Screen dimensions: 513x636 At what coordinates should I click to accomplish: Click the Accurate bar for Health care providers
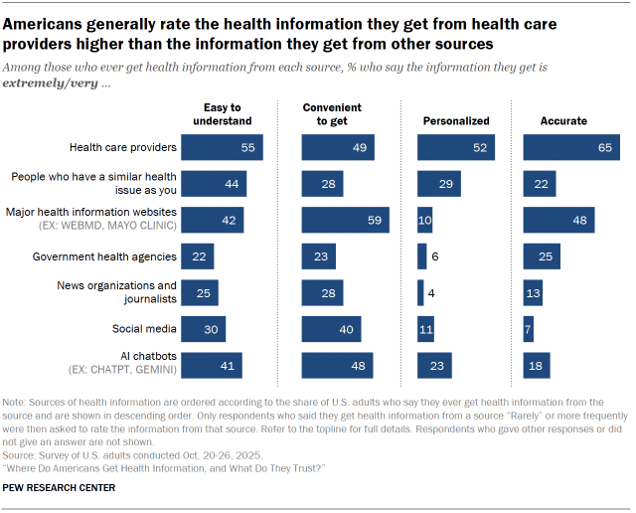pos(570,147)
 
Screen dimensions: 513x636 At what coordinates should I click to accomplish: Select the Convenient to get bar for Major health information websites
pos(345,220)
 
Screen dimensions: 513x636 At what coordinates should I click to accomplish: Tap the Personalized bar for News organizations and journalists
pos(419,292)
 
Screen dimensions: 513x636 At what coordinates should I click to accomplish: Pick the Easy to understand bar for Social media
pos(204,329)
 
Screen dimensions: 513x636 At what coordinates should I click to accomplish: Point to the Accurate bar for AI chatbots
pos(537,365)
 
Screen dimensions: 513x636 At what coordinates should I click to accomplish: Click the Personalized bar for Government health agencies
pos(421,256)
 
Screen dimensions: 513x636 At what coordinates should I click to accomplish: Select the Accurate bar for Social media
pos(528,329)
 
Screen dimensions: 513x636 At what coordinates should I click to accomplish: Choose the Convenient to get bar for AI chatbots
pos(337,365)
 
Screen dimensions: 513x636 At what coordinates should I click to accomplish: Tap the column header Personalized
pos(456,121)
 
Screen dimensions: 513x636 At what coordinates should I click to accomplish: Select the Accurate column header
pos(562,121)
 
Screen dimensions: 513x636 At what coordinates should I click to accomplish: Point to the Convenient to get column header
pos(332,114)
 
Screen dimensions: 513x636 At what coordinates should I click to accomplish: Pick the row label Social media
pos(148,329)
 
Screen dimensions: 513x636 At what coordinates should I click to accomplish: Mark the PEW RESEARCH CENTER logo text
pos(59,487)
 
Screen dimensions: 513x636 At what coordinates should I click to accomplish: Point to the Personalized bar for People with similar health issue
pos(438,183)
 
